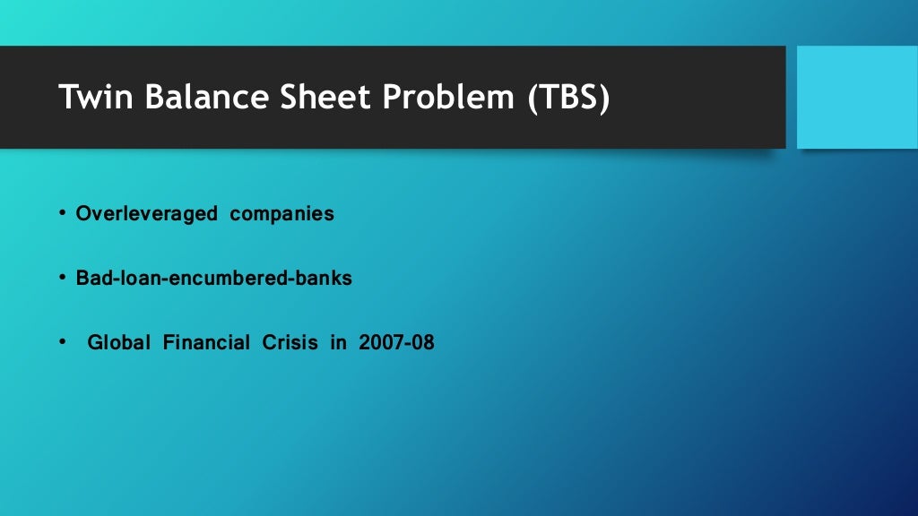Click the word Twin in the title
(92, 97)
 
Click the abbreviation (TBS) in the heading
(567, 97)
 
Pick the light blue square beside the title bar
(857, 97)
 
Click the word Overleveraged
(146, 215)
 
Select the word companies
(281, 215)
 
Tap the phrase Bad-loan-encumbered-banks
(213, 279)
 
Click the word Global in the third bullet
(118, 342)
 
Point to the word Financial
(205, 342)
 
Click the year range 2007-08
(395, 342)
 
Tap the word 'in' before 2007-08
(337, 342)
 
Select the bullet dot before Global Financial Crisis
(63, 342)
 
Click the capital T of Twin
(67, 97)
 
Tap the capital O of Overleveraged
(82, 215)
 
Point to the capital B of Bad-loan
(82, 279)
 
